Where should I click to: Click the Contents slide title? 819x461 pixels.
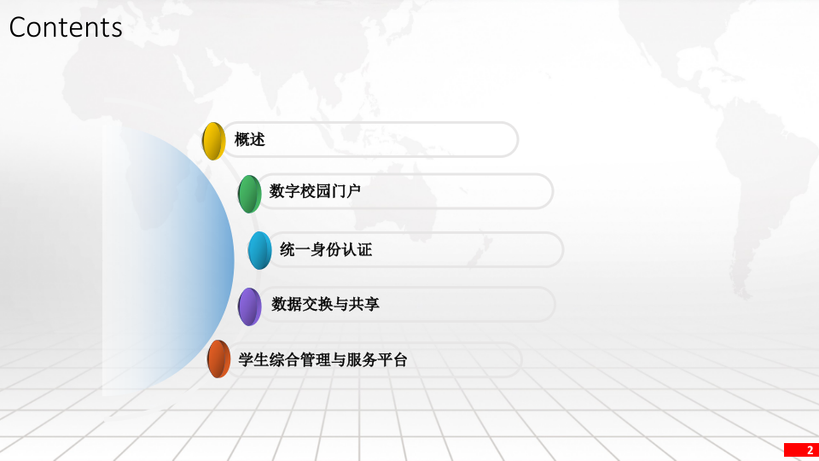[66, 27]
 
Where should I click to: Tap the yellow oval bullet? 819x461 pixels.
[212, 141]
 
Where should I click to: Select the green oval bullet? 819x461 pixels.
[249, 194]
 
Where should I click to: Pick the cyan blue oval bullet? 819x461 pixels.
[259, 250]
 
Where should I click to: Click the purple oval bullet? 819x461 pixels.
[249, 306]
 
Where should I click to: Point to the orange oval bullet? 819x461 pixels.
[218, 359]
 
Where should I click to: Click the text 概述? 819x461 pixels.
[250, 140]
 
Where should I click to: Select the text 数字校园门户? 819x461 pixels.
[315, 191]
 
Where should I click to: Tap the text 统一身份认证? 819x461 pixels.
[326, 249]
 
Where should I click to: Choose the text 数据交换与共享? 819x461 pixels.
[325, 304]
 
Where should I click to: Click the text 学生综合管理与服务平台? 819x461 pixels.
[322, 360]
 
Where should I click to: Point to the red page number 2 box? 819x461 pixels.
[801, 450]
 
